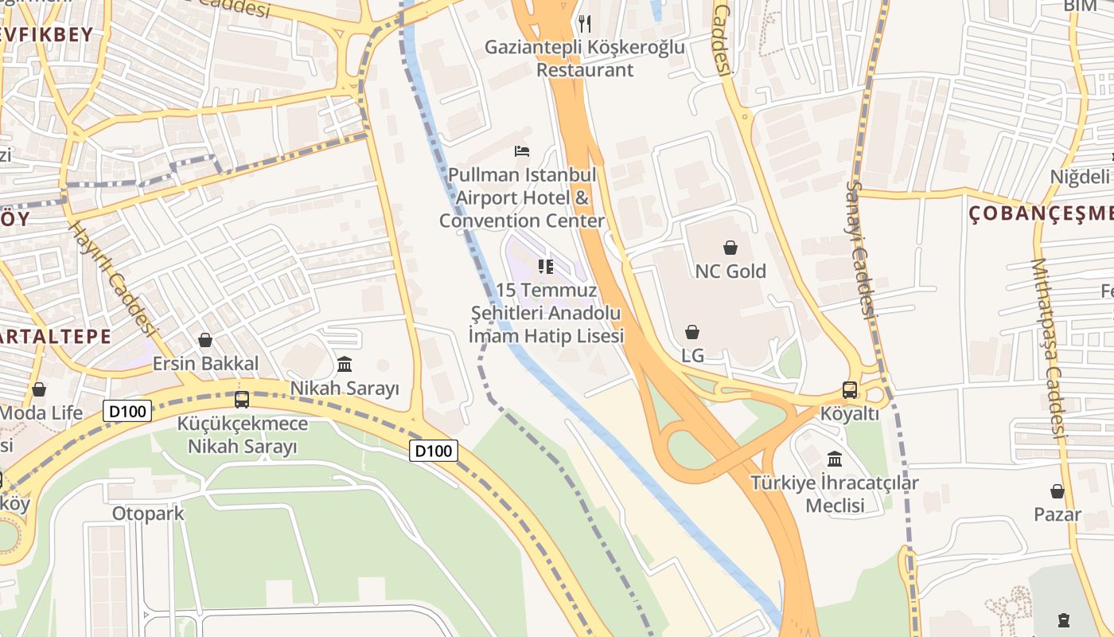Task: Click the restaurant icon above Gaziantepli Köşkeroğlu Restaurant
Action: [x=585, y=24]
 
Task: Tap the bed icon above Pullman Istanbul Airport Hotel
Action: [x=522, y=150]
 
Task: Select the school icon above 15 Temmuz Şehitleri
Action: [x=545, y=266]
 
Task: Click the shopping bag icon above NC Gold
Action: [x=730, y=248]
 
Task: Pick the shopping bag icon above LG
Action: [x=692, y=332]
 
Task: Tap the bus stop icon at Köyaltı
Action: [x=850, y=390]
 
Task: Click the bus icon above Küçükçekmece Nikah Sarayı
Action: [x=242, y=400]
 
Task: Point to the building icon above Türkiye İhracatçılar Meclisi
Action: [x=835, y=459]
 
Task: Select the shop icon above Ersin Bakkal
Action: [x=205, y=341]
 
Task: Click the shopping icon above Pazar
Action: [x=1058, y=491]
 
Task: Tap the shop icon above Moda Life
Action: [x=39, y=389]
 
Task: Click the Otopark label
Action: [x=148, y=514]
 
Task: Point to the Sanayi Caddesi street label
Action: [x=861, y=250]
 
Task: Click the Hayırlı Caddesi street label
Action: [x=110, y=279]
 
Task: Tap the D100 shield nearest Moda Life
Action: [x=127, y=412]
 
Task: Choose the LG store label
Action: [x=693, y=354]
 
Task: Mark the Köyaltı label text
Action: [x=850, y=414]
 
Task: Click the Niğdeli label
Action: [x=1081, y=177]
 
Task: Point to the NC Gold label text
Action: [x=730, y=272]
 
